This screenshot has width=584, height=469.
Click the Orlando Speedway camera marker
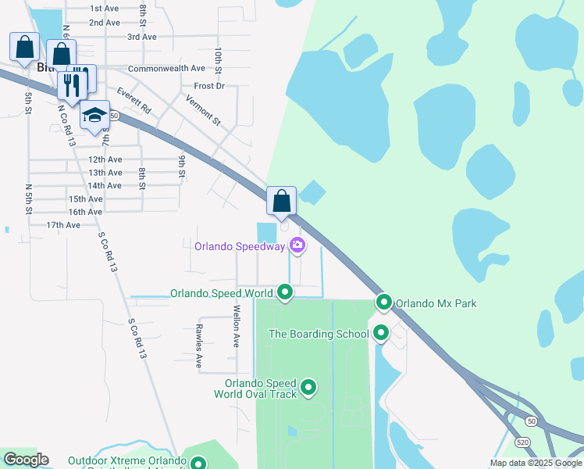[x=297, y=246]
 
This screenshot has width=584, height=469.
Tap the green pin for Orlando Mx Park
[x=383, y=302]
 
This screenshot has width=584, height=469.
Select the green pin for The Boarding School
[x=381, y=333]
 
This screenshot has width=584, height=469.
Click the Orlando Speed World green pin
[x=285, y=293]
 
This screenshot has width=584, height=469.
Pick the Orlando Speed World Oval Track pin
[x=308, y=387]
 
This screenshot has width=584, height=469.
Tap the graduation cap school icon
[x=95, y=116]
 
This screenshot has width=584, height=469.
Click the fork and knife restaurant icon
[x=72, y=86]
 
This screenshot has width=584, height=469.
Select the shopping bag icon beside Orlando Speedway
[x=281, y=201]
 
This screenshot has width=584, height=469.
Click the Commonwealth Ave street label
[x=166, y=69]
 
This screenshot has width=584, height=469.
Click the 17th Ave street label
[x=63, y=225]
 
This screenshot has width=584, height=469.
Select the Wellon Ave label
[x=235, y=325]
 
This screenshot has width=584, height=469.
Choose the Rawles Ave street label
[x=199, y=345]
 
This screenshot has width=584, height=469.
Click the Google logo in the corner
[x=26, y=460]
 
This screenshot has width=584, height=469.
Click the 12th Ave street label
[x=105, y=159]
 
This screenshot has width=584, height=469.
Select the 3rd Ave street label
[x=142, y=37]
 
